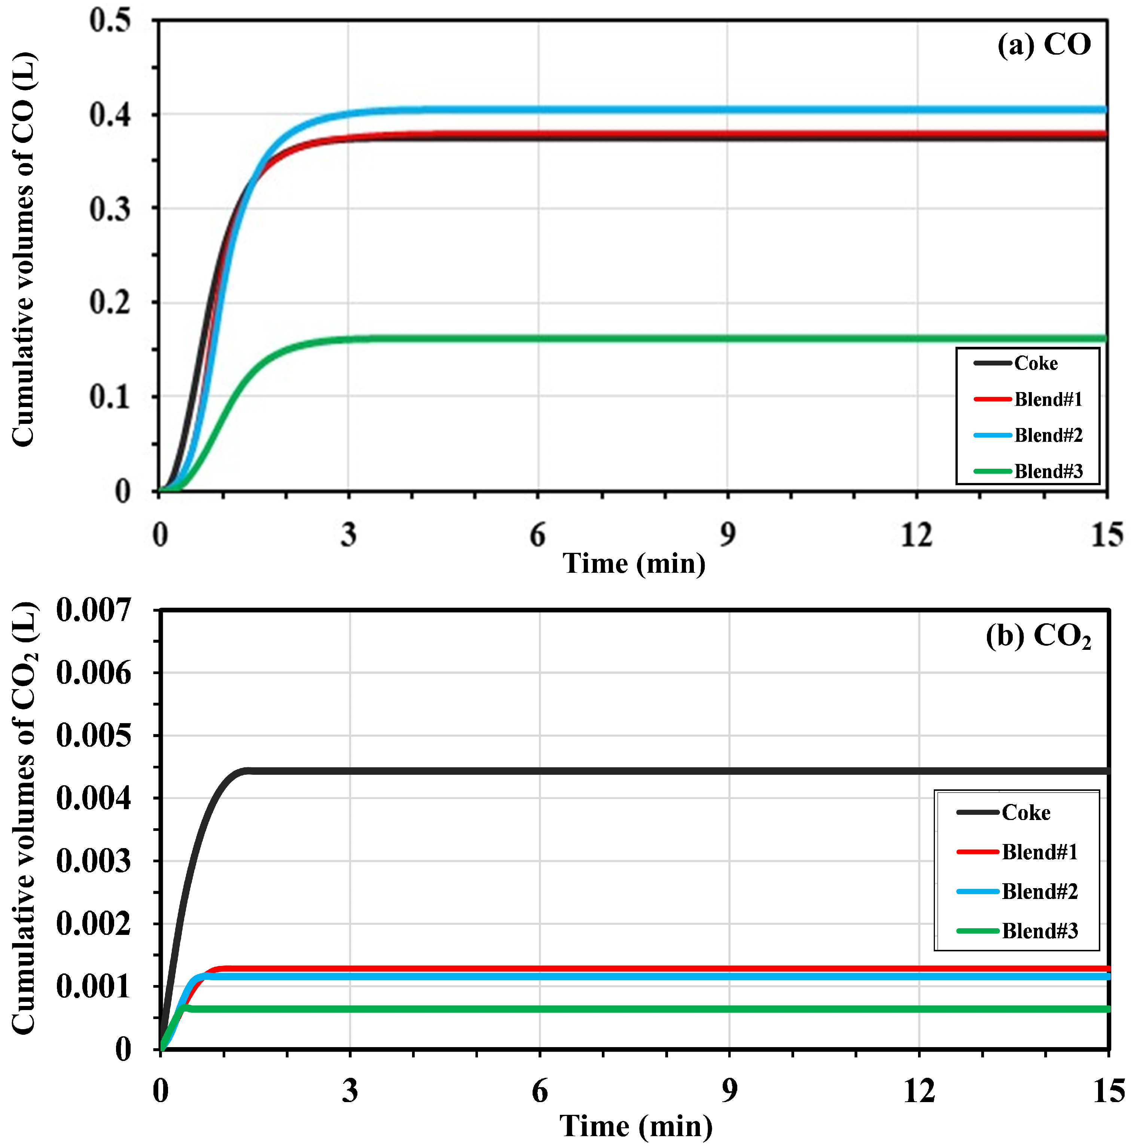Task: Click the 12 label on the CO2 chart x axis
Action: click(919, 1091)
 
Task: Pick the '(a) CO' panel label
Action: click(1044, 45)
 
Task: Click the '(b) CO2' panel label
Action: click(1038, 636)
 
